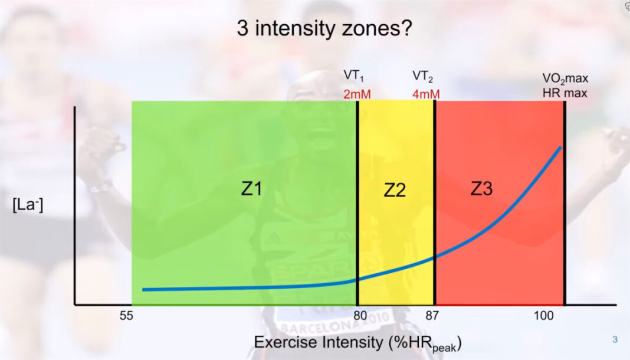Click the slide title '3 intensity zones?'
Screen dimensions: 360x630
coord(324,29)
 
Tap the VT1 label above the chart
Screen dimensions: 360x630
coord(354,77)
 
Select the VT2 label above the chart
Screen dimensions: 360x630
coord(424,77)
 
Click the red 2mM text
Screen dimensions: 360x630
coord(357,93)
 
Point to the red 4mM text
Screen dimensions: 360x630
coord(426,93)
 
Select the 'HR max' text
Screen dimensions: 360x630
coord(565,93)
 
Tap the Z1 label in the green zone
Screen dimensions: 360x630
coord(252,189)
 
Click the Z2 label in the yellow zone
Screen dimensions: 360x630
coord(395,190)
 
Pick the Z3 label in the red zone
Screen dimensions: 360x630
coord(481,189)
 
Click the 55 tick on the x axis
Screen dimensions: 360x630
coord(126,316)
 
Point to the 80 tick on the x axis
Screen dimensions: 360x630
coord(360,316)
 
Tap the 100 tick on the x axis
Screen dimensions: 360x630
coord(544,316)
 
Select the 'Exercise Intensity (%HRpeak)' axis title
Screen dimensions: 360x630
coord(357,343)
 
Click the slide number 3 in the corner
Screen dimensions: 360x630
coord(615,339)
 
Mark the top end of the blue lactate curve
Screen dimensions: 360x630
coord(559,148)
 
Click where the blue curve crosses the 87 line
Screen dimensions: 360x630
coord(435,257)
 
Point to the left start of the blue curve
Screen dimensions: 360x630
coord(144,290)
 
